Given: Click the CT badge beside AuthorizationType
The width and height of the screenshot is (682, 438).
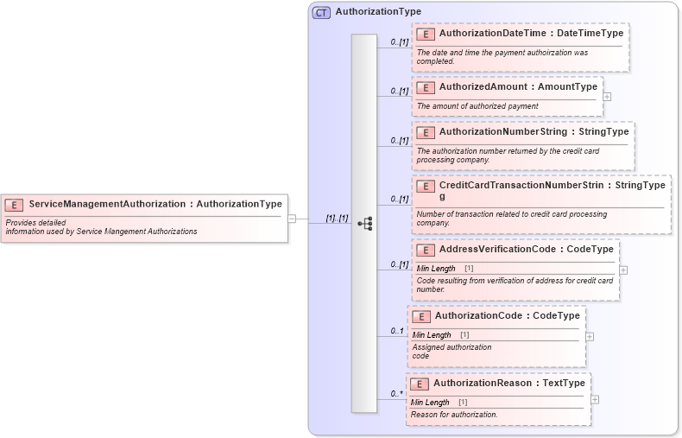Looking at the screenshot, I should (321, 12).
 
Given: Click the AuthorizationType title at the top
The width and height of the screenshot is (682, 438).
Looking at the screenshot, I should (378, 12).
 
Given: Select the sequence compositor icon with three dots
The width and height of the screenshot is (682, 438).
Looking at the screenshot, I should (364, 223).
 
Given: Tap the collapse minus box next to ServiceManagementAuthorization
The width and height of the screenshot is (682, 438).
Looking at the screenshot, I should (292, 219).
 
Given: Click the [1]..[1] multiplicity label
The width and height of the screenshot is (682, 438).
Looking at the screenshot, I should (337, 219).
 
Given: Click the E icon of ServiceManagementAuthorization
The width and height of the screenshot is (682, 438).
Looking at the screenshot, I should (14, 205).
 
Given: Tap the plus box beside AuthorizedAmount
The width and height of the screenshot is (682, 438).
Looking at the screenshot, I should (607, 96).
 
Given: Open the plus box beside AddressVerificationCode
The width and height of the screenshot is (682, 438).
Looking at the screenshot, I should (623, 270).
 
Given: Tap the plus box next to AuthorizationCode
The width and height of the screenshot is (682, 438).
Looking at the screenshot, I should (590, 336).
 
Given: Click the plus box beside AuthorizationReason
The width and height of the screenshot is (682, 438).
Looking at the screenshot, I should (595, 399).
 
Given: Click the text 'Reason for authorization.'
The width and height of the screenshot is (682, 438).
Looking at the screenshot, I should (454, 415).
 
